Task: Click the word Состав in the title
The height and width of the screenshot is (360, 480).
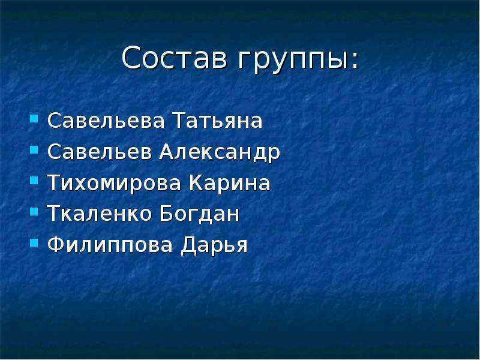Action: (175, 57)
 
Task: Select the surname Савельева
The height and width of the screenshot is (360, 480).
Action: (106, 121)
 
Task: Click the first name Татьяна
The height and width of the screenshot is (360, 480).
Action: (218, 121)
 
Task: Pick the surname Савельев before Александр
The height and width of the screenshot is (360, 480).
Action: (100, 152)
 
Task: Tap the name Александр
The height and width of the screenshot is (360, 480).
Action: (220, 152)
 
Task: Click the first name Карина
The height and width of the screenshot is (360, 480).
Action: (230, 183)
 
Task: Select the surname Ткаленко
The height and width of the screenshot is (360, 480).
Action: (99, 214)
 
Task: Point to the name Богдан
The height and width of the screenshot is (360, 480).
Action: (200, 214)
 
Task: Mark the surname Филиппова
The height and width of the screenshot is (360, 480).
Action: (110, 245)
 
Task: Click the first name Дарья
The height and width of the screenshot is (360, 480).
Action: (214, 245)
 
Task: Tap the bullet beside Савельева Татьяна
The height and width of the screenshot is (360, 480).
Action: (34, 118)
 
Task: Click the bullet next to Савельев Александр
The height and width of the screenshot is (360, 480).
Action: (34, 149)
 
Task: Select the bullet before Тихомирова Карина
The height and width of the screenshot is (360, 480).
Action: (34, 181)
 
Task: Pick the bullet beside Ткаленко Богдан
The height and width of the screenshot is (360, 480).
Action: (34, 212)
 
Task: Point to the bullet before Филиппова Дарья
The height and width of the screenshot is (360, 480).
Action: (34, 243)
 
